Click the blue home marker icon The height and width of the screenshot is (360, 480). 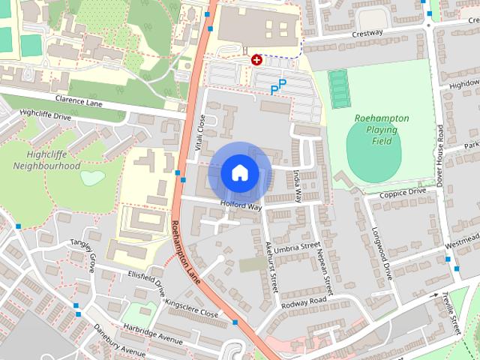[x=239, y=172]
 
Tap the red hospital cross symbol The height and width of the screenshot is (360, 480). [x=256, y=59]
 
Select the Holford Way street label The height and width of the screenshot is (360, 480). [x=241, y=204]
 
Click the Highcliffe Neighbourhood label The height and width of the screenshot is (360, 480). [x=48, y=159]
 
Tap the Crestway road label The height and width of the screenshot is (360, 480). [x=365, y=33]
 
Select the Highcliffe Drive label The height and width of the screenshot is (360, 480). [x=45, y=115]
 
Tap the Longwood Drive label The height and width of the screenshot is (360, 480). [x=382, y=253]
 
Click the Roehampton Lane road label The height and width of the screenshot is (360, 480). [x=185, y=251]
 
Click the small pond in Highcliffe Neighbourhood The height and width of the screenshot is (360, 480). [x=91, y=178]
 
